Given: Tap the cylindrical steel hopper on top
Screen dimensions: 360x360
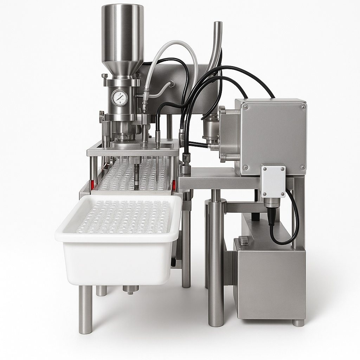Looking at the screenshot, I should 122,33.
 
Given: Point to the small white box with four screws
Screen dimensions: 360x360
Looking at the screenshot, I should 273,181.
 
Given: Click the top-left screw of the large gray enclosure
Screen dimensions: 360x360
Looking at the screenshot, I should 245,107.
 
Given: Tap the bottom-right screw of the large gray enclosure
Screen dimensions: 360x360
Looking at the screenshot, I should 302,168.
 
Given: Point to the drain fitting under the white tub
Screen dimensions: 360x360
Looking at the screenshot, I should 130,289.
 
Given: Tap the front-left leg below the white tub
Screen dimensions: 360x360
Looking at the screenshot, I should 85,309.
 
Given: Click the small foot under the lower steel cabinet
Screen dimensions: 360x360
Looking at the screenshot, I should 298,322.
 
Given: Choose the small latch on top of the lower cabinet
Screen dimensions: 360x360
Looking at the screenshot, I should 244,240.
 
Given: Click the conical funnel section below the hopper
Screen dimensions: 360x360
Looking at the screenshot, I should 122,67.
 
